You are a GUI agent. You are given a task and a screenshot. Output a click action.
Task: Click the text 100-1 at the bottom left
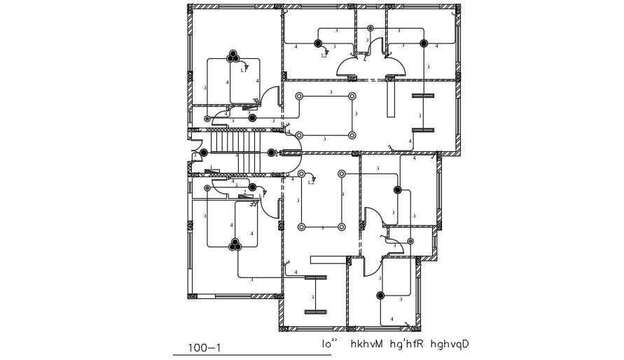[205, 346]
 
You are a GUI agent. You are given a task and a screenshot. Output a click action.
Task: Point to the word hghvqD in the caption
[450, 344]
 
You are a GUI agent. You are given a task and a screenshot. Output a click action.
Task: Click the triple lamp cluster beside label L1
[233, 57]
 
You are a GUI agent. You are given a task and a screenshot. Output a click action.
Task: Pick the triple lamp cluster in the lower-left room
[233, 244]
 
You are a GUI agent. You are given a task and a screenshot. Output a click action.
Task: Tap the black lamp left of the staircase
[203, 153]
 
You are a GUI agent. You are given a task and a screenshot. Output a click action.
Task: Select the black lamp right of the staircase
[271, 153]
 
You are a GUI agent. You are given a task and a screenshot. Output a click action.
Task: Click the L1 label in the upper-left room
[244, 70]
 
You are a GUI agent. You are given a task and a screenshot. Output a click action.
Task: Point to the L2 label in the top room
[324, 55]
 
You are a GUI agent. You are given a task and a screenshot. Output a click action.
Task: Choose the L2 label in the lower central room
[311, 182]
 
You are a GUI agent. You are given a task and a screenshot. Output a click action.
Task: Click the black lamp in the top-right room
[424, 43]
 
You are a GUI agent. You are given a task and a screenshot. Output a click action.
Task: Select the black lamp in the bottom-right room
[380, 296]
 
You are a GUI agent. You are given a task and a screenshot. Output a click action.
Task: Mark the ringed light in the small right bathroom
[410, 241]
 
